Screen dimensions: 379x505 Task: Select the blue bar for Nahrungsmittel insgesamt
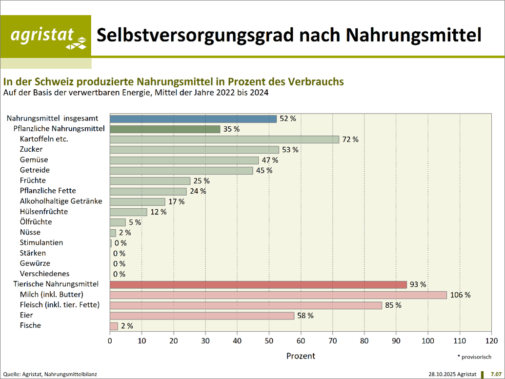tap(193, 119)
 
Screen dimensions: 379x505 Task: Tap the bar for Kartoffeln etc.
tap(224, 140)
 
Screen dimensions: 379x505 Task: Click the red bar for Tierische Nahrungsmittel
tap(258, 284)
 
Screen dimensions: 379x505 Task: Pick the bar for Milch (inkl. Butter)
tap(278, 295)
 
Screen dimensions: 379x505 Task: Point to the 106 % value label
tap(460, 295)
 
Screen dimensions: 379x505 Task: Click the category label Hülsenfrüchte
tap(44, 212)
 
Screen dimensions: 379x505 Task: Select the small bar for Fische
tap(114, 326)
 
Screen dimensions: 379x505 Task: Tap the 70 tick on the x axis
tap(333, 340)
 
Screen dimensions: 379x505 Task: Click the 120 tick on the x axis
tap(491, 340)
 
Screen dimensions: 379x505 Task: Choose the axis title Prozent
tap(301, 356)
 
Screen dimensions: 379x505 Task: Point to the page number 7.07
tap(496, 374)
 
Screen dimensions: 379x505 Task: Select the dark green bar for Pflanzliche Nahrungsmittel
tap(165, 129)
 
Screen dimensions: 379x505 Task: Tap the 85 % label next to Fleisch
tap(393, 305)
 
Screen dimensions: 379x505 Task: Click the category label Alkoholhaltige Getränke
tap(61, 201)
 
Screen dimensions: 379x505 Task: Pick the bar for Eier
tap(202, 316)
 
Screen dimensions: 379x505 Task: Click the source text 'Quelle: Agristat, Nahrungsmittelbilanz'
tap(50, 374)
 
